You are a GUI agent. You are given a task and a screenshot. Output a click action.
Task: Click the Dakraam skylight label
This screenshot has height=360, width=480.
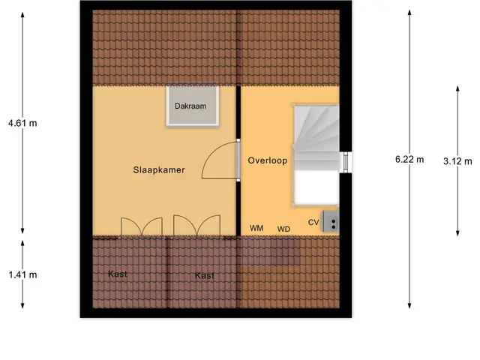point(190,106)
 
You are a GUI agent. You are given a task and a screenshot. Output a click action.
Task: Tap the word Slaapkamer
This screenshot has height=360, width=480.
point(159,170)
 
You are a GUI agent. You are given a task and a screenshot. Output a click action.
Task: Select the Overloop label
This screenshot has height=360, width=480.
point(268,160)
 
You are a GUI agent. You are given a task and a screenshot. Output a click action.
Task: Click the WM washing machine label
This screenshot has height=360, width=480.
point(256,228)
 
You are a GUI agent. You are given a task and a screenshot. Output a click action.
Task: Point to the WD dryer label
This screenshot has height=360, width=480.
point(283,229)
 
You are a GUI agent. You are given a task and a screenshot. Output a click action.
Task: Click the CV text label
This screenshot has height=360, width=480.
point(313,222)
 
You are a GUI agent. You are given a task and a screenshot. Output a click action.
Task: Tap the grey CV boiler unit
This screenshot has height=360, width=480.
point(330,222)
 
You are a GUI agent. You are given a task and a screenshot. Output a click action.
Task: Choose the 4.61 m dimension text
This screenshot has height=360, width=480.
point(22,123)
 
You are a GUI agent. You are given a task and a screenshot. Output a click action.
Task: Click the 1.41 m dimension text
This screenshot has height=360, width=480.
point(22,274)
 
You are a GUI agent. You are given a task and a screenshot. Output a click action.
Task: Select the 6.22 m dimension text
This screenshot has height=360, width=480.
point(409,159)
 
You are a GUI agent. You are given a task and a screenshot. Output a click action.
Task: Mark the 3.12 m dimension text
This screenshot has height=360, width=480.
point(457,161)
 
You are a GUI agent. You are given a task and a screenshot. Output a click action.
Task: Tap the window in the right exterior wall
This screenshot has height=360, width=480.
point(346,162)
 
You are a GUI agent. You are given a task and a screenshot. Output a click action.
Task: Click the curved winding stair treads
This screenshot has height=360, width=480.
point(316,128)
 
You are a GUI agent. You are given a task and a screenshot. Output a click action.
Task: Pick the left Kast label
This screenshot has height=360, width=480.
point(118,274)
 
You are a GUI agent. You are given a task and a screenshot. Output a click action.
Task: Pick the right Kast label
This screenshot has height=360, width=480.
point(205,275)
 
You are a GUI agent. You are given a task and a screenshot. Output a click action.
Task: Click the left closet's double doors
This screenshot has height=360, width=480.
point(142,226)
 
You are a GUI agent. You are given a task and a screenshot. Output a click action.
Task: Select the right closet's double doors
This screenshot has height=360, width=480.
point(196,225)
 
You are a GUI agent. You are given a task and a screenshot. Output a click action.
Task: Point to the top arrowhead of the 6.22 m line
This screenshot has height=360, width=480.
point(409,12)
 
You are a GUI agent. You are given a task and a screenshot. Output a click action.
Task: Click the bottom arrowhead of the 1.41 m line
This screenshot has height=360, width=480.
point(22,305)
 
